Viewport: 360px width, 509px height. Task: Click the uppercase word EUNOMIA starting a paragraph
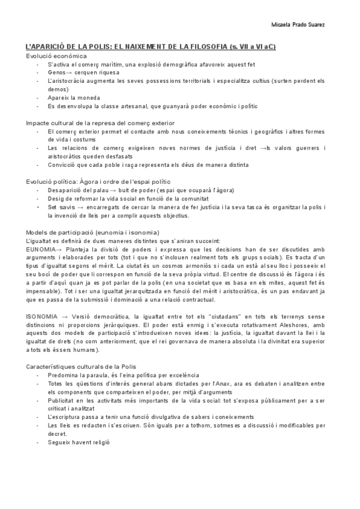(x=40, y=249)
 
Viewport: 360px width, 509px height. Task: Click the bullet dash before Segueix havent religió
(x=37, y=442)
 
